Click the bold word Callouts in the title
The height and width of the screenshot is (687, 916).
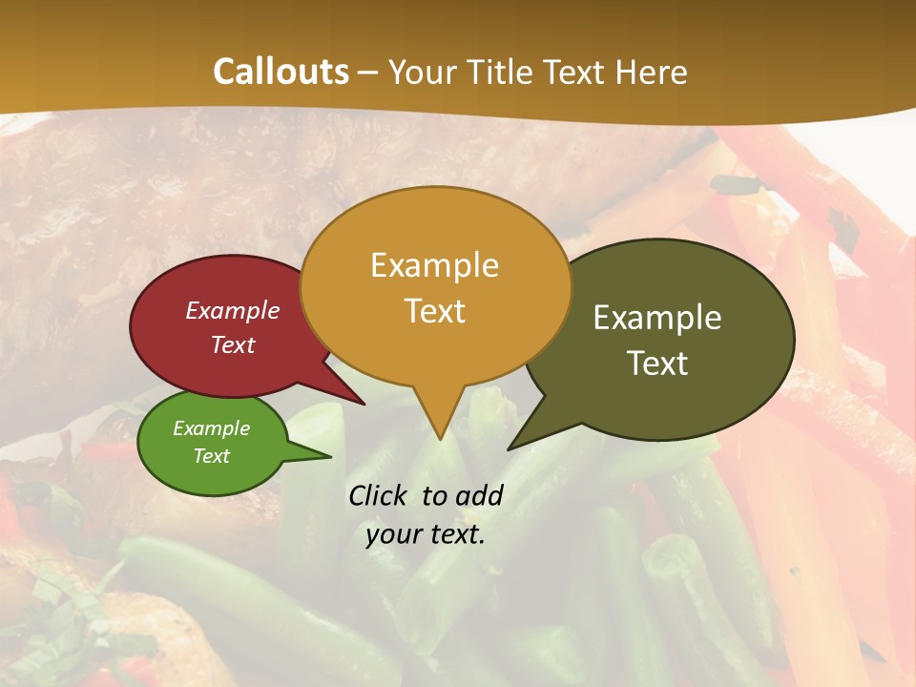[281, 72]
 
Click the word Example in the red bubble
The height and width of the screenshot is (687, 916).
[233, 310]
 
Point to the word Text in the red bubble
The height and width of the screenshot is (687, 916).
[233, 344]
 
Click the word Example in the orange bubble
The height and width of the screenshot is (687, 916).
[434, 265]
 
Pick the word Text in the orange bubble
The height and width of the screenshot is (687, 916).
[435, 311]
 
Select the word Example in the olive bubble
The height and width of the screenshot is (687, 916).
[657, 318]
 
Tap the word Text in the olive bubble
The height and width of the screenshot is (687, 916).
[657, 364]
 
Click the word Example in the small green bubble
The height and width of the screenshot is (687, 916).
[211, 428]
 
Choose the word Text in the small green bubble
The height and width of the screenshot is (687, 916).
[211, 456]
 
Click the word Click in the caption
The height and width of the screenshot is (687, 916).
[380, 495]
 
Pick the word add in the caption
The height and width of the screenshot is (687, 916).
[479, 495]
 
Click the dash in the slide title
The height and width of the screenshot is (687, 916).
[367, 72]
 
